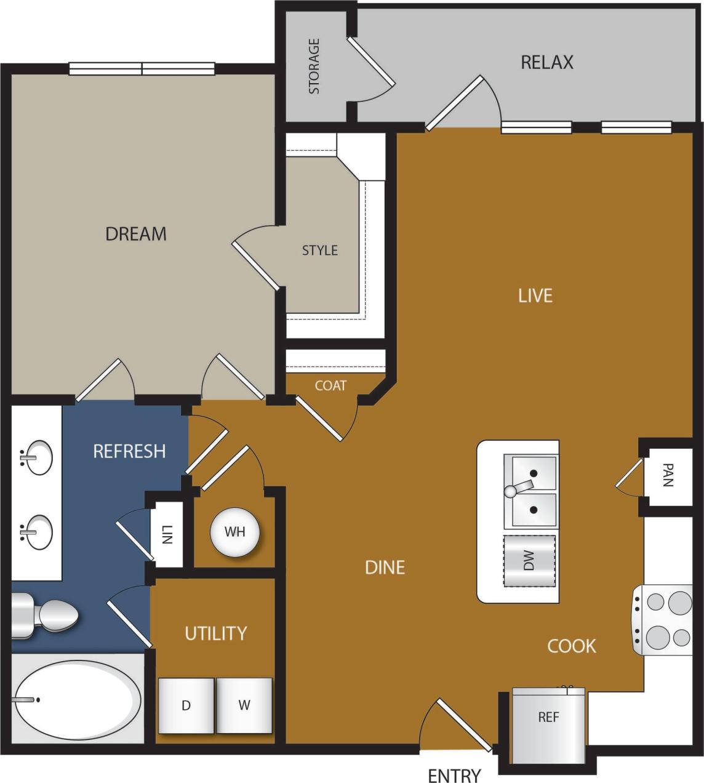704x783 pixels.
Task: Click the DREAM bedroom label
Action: pyautogui.click(x=136, y=234)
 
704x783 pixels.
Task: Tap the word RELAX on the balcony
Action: pyautogui.click(x=546, y=62)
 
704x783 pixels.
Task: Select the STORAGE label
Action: pyautogui.click(x=314, y=66)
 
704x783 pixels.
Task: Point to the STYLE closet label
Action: pyautogui.click(x=320, y=251)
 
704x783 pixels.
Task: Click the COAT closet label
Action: pyautogui.click(x=330, y=386)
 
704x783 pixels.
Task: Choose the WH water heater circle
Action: pyautogui.click(x=234, y=532)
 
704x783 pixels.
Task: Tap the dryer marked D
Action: pyautogui.click(x=186, y=705)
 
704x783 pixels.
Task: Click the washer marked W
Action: pyautogui.click(x=244, y=705)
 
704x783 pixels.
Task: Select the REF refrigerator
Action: pyautogui.click(x=548, y=718)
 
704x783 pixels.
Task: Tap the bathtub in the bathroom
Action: pyautogui.click(x=78, y=700)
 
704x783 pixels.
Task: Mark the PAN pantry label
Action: pyautogui.click(x=668, y=475)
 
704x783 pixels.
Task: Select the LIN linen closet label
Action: pyautogui.click(x=167, y=534)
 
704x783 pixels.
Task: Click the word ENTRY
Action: pyautogui.click(x=454, y=775)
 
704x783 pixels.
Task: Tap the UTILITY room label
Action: pyautogui.click(x=215, y=633)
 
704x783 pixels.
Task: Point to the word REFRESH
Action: pyautogui.click(x=129, y=451)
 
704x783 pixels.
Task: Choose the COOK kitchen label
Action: pyautogui.click(x=572, y=646)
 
